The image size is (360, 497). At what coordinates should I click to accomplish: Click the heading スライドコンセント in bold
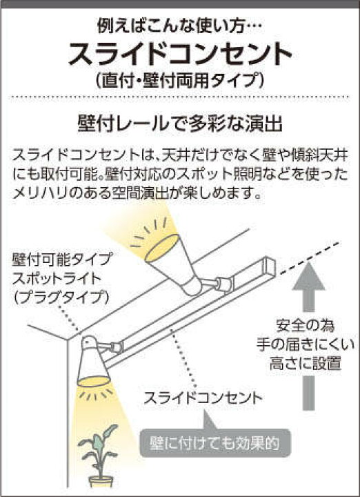[180, 55]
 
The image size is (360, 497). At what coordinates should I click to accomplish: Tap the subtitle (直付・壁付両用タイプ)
[180, 81]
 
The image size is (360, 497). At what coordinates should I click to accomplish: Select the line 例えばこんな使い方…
[179, 27]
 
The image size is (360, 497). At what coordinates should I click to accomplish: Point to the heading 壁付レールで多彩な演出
[180, 125]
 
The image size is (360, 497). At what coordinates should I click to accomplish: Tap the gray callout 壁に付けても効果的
[215, 443]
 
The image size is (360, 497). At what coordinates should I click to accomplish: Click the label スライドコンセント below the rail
[203, 398]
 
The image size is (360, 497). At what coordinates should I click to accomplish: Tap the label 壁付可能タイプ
[62, 260]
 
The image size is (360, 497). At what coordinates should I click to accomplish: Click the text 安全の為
[306, 327]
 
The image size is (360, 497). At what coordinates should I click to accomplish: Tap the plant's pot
[101, 481]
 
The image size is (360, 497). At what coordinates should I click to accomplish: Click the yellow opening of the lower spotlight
[93, 381]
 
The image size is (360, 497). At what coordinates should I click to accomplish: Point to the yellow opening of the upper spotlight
[163, 248]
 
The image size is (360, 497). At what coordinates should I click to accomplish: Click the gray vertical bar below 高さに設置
[309, 393]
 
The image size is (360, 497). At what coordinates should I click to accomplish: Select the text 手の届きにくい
[306, 345]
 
